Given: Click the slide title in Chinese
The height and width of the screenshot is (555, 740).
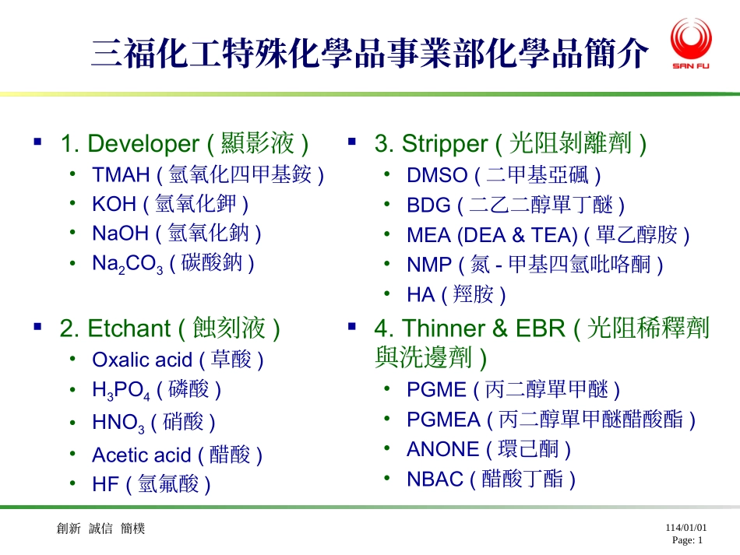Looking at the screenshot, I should click(370, 54).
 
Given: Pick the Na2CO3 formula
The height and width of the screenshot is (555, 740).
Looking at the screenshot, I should click(127, 264).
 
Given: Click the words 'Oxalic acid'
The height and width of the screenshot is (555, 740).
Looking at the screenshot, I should click(141, 360).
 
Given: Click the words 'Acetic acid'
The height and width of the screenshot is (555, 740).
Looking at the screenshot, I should click(141, 455).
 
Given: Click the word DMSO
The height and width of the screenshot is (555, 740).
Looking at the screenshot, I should click(437, 175).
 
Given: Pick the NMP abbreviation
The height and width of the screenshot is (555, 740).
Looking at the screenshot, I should click(429, 265).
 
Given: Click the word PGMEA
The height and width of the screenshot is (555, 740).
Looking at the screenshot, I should click(443, 420).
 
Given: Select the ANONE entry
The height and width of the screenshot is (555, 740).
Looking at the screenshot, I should click(488, 449).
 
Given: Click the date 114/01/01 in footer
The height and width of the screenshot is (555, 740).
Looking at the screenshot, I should click(685, 527).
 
